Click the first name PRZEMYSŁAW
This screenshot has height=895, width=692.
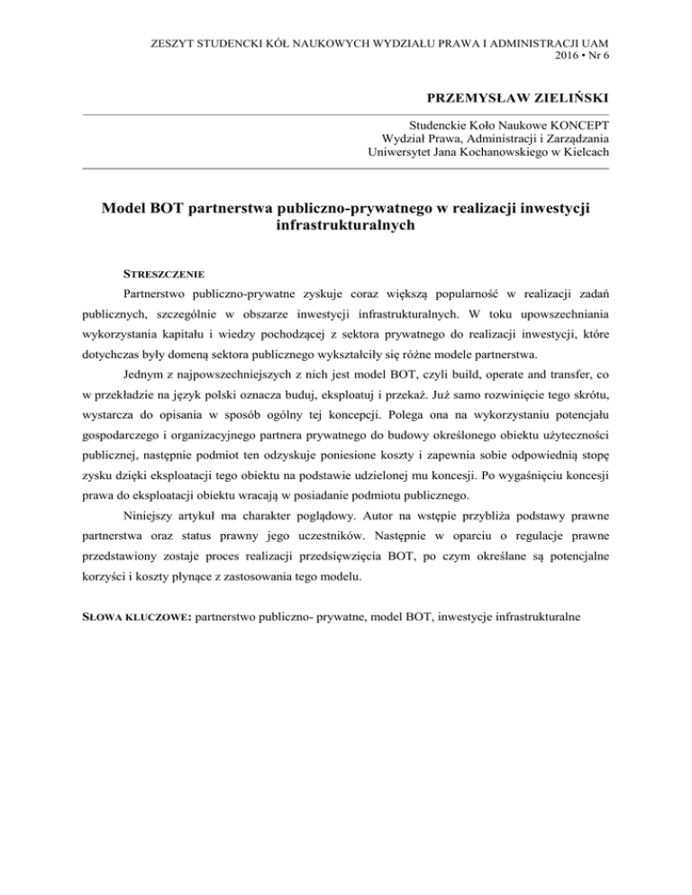coord(458,97)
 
